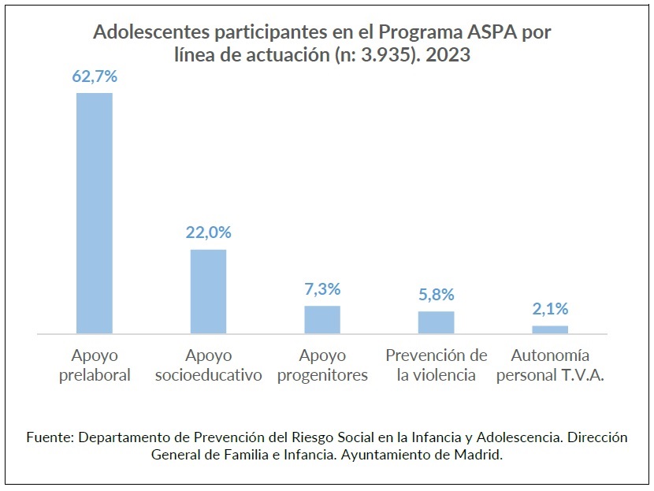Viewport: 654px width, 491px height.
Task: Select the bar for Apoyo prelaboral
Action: coord(95,214)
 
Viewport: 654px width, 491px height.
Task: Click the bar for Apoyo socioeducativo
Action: coord(208,292)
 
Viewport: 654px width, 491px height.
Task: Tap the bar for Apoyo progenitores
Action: coord(322,319)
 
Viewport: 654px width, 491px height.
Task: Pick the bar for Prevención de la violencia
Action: coord(436,322)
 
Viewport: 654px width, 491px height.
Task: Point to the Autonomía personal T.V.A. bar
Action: coord(550,329)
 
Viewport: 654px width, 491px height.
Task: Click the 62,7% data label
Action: coord(95,76)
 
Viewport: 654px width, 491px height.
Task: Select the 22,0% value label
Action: coord(208,232)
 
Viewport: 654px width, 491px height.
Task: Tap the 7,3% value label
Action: coord(322,289)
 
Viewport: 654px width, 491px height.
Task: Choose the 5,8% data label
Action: coord(436,295)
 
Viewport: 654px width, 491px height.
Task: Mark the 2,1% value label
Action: coord(550,308)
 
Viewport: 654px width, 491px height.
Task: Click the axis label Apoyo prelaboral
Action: coord(95,365)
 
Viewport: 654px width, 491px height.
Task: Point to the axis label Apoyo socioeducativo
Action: coord(208,365)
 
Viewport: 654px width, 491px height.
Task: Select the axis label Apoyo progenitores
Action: coord(322,365)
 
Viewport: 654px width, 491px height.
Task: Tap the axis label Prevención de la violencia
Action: coord(436,365)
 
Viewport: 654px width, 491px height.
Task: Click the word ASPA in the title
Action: coord(487,33)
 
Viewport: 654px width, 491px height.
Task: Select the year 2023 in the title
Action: coord(450,57)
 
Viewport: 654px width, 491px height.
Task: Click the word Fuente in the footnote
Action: coord(49,437)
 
